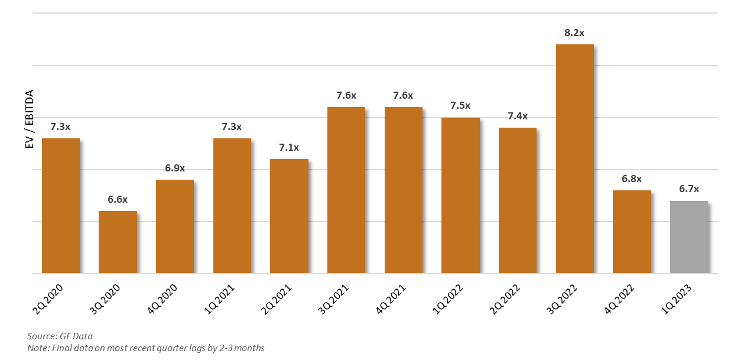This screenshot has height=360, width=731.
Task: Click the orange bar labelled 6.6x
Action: pyautogui.click(x=118, y=242)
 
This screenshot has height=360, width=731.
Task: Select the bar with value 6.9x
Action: pyautogui.click(x=175, y=226)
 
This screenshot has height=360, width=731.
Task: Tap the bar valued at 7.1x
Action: pyautogui.click(x=289, y=216)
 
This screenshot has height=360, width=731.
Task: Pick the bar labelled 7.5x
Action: pyautogui.click(x=460, y=195)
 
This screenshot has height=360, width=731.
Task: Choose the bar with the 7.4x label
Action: pyautogui.click(x=518, y=200)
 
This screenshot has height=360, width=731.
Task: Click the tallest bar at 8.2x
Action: pyautogui.click(x=574, y=158)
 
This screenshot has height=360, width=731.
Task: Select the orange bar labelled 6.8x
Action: pyautogui.click(x=632, y=232)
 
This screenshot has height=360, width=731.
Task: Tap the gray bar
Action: pyautogui.click(x=689, y=237)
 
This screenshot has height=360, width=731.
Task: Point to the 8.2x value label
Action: pyautogui.click(x=574, y=33)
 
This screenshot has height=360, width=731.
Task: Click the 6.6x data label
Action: pyautogui.click(x=118, y=200)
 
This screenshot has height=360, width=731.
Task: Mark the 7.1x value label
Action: pyautogui.click(x=289, y=148)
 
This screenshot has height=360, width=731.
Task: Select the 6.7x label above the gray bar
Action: pyautogui.click(x=689, y=189)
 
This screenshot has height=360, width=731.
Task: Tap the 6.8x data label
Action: pyautogui.click(x=632, y=179)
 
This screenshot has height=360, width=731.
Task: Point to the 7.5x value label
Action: pyautogui.click(x=460, y=106)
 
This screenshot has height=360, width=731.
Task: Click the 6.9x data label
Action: pyautogui.click(x=175, y=168)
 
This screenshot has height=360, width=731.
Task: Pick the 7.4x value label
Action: pyautogui.click(x=518, y=116)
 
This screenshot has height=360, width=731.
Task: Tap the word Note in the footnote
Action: pyautogui.click(x=37, y=348)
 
